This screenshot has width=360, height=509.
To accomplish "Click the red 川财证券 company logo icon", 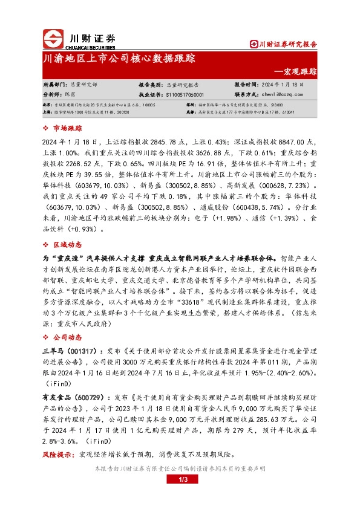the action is point(53,38).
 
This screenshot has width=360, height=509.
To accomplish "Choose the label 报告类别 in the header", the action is point(150,85).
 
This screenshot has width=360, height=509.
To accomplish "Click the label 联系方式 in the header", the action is point(246,95).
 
